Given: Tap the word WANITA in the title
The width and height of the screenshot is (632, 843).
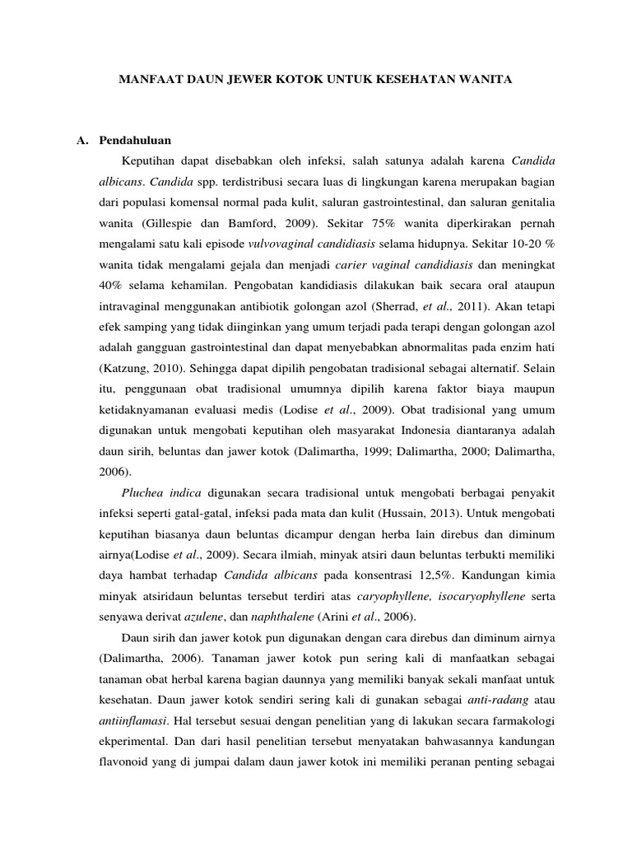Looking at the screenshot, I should click(485, 81).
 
